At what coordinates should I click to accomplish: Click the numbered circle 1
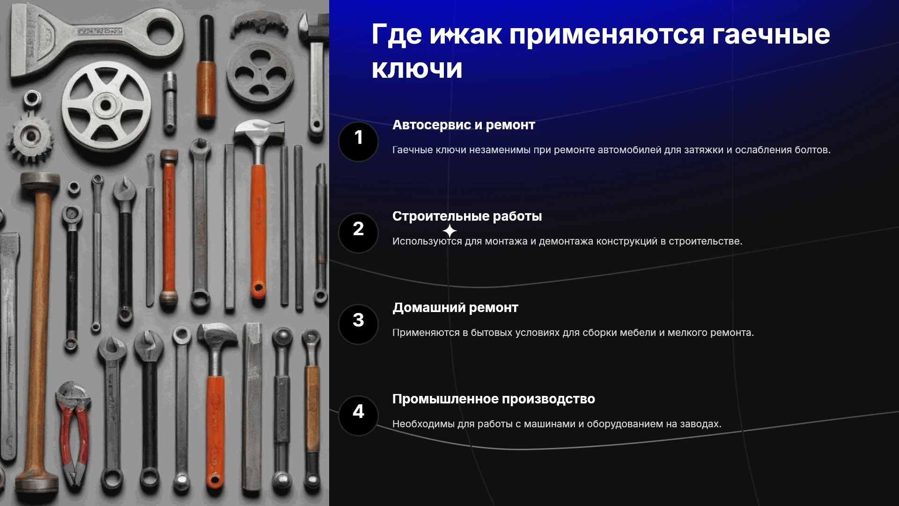coord(358,141)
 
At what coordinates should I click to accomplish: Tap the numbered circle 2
coord(358,233)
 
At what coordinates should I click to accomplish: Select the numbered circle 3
coord(358,324)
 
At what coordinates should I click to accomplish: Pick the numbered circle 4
coord(358,416)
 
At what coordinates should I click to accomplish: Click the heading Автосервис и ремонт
coord(464,125)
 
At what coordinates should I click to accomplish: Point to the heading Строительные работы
coord(467,216)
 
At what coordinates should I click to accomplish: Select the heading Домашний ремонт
coord(455,308)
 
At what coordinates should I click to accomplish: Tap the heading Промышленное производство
coord(494,399)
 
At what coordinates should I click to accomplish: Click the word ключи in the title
coord(417,69)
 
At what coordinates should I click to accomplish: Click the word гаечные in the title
coord(771,35)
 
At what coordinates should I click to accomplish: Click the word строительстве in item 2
coord(705,241)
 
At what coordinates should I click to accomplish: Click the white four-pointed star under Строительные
coord(449,231)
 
